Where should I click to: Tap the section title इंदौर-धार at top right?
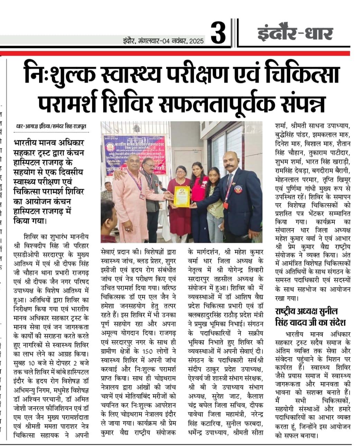(x=295, y=34)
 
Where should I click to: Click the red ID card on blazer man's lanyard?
(x=225, y=205)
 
